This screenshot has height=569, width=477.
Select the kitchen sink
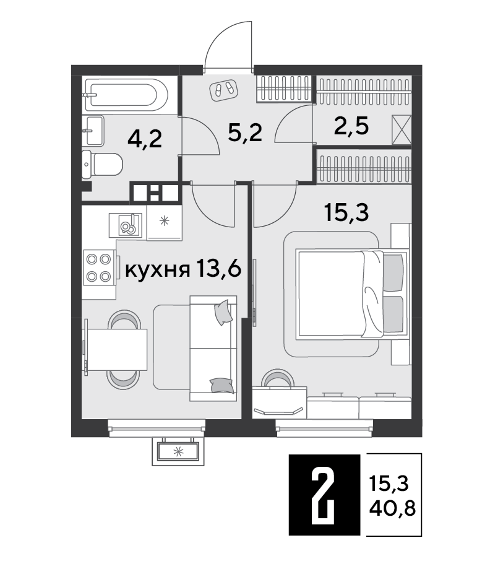(x=128, y=225)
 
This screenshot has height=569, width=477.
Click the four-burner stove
(x=98, y=267)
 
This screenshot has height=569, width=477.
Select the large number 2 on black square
(x=324, y=495)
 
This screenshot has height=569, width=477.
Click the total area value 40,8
(x=392, y=510)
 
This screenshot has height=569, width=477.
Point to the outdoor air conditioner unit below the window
(x=178, y=451)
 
